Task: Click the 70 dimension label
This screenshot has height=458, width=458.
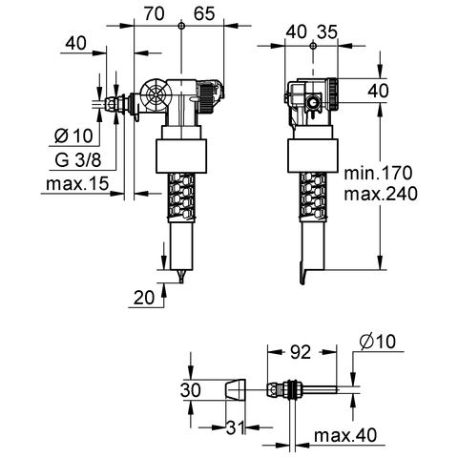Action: point(155,13)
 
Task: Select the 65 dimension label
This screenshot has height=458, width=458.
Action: point(204,13)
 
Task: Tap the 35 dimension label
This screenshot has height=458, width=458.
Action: point(326,32)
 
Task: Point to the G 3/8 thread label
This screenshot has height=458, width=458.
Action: point(78,159)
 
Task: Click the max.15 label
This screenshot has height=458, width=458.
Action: point(77,183)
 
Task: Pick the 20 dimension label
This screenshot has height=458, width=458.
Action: point(144,298)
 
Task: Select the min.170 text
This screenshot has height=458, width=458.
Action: point(378,173)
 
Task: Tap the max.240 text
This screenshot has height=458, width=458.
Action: point(381,194)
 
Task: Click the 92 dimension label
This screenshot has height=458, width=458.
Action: point(301,352)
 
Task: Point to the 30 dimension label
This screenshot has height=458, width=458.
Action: point(191,390)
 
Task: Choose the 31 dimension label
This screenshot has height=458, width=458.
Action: point(235,427)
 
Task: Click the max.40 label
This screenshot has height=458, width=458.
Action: point(345,435)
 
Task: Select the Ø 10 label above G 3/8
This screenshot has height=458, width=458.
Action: point(73,136)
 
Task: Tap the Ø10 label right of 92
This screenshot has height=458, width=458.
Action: point(378,342)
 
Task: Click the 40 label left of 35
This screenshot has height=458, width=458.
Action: point(296,32)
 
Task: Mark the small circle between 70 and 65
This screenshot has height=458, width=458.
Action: point(181,26)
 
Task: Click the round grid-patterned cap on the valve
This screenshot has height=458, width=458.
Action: point(156,94)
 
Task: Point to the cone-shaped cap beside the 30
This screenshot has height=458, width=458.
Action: point(236,390)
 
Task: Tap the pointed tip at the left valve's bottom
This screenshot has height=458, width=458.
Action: point(181,281)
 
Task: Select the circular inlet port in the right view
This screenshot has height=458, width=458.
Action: point(313,103)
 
